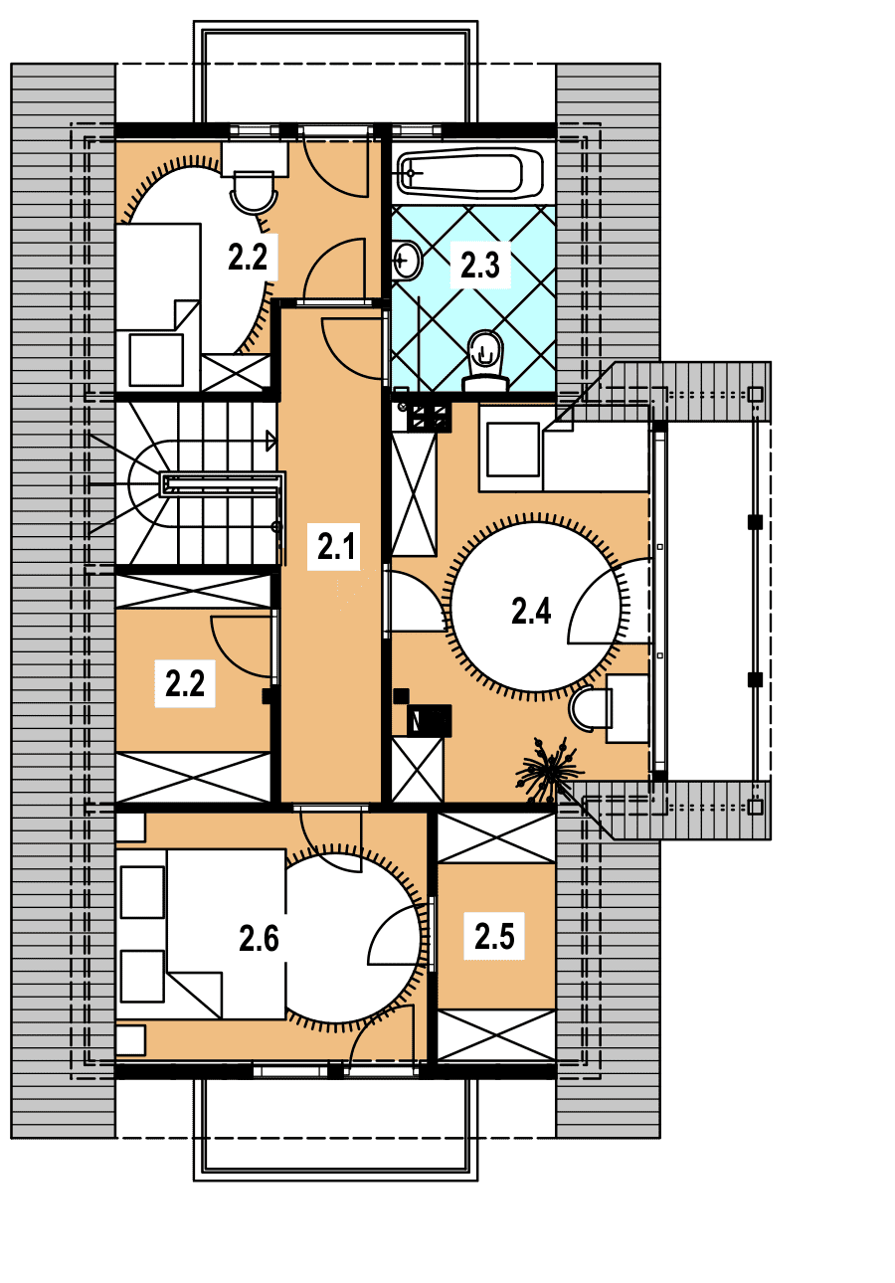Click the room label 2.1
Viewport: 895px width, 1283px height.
(337, 546)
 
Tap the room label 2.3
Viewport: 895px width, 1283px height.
(480, 265)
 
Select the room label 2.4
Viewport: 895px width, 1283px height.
(531, 610)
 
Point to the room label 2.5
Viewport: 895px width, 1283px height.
(494, 937)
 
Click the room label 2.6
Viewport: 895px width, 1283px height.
(259, 939)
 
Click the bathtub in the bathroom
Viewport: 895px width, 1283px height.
(470, 172)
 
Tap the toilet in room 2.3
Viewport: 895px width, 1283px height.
(486, 361)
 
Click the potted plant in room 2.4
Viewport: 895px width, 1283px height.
(549, 770)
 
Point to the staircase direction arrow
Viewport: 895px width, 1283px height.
(271, 441)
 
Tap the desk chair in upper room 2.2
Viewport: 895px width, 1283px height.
(254, 192)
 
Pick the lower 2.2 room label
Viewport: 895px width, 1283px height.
(185, 684)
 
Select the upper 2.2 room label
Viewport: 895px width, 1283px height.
(248, 257)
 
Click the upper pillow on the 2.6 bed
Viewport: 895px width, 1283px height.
(142, 892)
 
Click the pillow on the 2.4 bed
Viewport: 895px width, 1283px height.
(513, 450)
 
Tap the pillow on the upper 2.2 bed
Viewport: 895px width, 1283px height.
(156, 360)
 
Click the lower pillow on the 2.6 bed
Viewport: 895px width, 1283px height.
(142, 977)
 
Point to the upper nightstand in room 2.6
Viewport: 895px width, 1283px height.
(130, 827)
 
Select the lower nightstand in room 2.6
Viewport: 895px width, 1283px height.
(130, 1040)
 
